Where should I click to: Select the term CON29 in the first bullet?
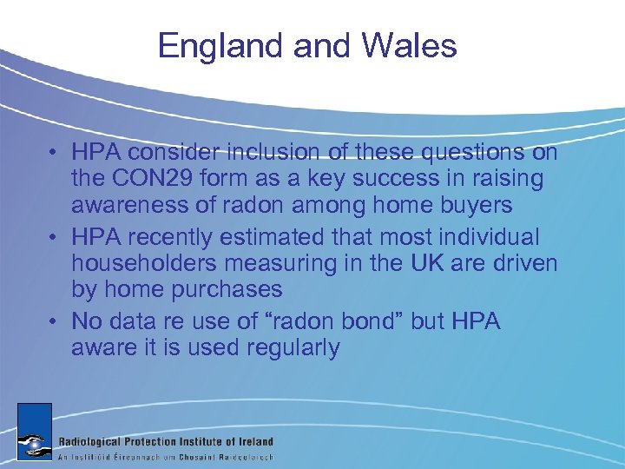point(141,180)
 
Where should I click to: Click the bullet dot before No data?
point(54,320)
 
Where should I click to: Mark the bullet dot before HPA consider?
point(54,153)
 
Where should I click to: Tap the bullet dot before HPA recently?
point(54,235)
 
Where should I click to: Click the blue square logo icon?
point(34,431)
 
